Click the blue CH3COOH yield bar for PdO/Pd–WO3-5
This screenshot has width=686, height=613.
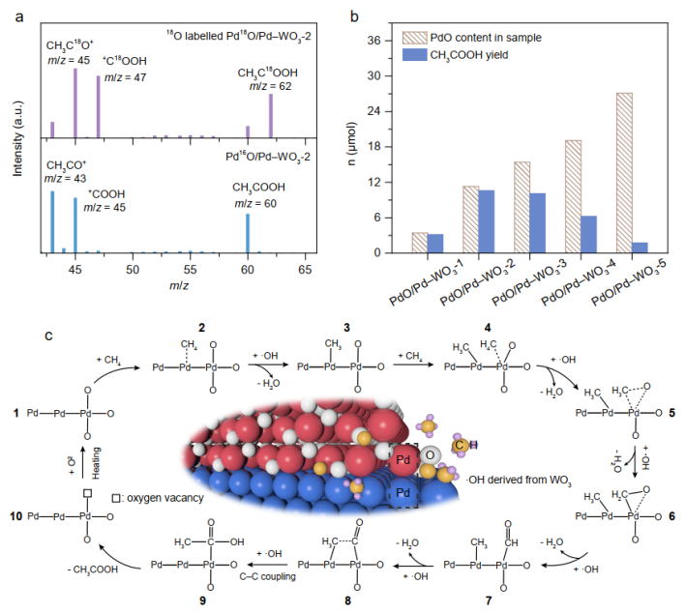pos(641,248)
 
